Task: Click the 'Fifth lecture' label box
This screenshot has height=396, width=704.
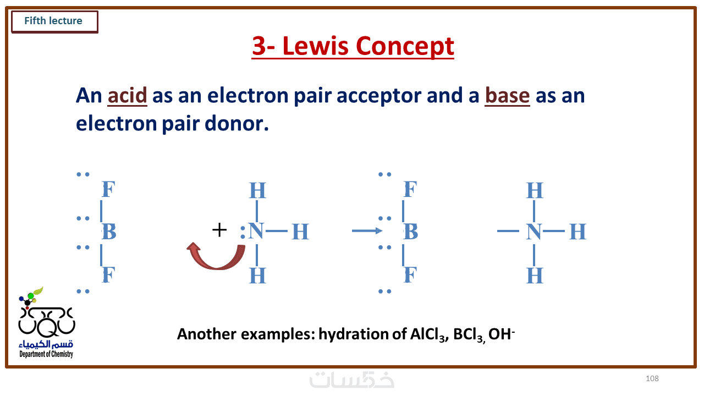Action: pos(54,21)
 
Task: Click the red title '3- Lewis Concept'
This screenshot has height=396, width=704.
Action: pos(353,46)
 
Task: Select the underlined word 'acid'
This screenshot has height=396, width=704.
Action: pos(127,95)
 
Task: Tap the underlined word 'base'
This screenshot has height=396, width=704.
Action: pos(507,95)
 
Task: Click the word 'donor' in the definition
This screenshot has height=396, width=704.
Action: pos(237,124)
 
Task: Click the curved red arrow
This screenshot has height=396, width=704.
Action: pos(216,256)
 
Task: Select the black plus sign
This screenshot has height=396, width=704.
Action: pos(219,230)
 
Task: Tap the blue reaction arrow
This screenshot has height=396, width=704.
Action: pos(367,231)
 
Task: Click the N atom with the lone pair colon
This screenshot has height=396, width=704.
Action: pos(256,232)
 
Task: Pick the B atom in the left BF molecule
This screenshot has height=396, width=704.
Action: pos(109,232)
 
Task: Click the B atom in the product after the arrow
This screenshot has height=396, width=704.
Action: pos(411,232)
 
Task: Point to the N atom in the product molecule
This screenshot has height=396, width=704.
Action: pos(533,232)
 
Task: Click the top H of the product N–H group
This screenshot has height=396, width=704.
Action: pos(535,190)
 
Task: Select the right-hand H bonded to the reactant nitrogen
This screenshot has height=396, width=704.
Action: pos(300,232)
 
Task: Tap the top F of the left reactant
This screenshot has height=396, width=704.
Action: pos(109,189)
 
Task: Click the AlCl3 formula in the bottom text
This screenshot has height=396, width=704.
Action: pos(428,334)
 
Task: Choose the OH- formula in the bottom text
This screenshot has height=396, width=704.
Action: pos(502,334)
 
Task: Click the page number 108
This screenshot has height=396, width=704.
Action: pos(652,378)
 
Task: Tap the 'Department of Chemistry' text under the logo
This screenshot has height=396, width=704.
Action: pos(46,354)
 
